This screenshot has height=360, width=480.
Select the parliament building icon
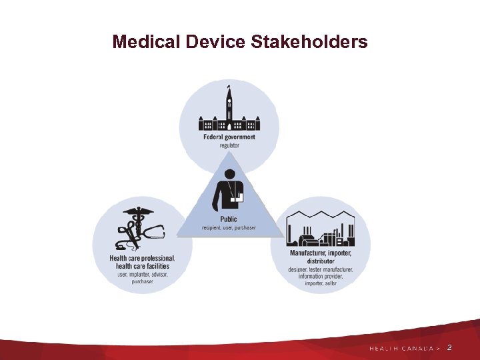[229, 115]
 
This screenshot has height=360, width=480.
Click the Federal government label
[229, 137]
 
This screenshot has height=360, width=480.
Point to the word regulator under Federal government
[229, 145]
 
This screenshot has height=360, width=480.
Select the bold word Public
[229, 219]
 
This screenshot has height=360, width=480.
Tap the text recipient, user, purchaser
[229, 227]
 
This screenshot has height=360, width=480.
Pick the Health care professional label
[143, 258]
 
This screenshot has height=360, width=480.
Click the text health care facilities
[143, 266]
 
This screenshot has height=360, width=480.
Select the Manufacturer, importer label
[321, 253]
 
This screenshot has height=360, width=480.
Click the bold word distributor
[321, 261]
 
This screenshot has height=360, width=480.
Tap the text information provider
[321, 276]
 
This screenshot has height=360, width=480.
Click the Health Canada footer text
[403, 348]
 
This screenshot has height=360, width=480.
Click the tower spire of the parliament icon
[229, 93]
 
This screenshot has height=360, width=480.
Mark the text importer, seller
[321, 283]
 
